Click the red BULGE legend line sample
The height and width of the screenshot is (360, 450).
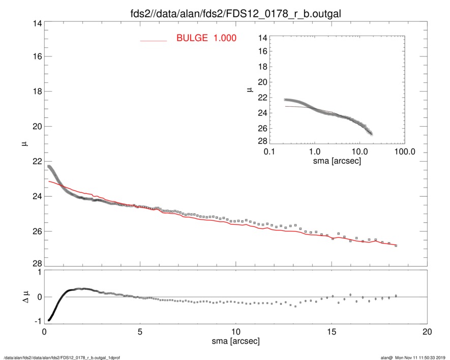pyautogui.click(x=154, y=41)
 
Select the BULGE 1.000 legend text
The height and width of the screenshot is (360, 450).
pyautogui.click(x=206, y=38)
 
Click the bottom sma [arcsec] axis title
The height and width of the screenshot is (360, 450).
pyautogui.click(x=235, y=341)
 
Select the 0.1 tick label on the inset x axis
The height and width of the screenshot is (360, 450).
pyautogui.click(x=269, y=152)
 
